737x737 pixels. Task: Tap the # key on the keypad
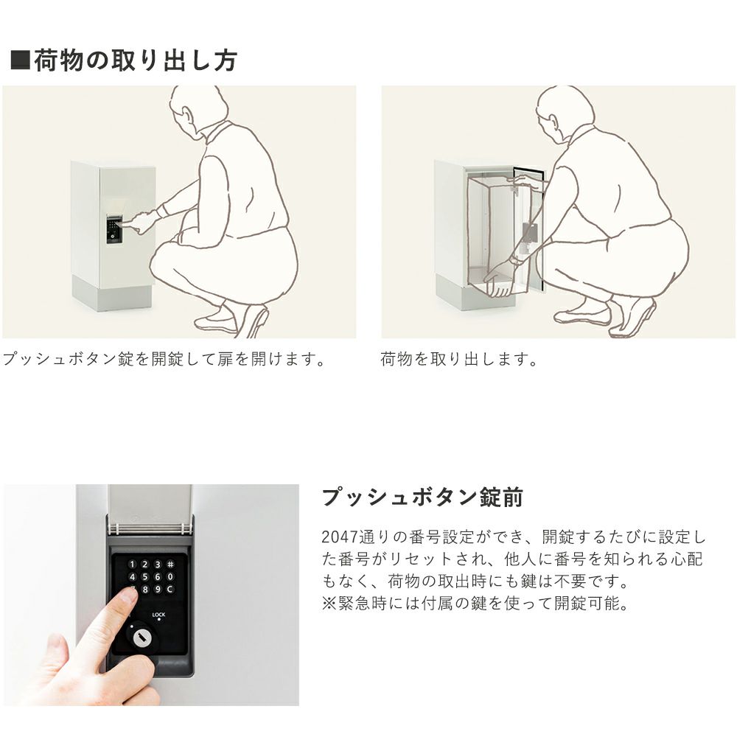pos(171,564)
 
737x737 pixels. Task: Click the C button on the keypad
pos(170,589)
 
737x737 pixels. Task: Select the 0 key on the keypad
pos(170,577)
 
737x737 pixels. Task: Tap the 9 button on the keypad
pos(158,589)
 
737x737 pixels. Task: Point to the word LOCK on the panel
pos(158,615)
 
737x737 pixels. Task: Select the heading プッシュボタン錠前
pos(422,497)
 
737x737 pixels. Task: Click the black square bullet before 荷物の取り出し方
pos(20,60)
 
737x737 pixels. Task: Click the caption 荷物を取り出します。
pos(459,360)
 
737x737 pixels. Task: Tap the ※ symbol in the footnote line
pos(329,603)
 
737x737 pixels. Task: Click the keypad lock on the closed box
pos(113,230)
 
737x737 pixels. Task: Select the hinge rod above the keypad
pos(150,528)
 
